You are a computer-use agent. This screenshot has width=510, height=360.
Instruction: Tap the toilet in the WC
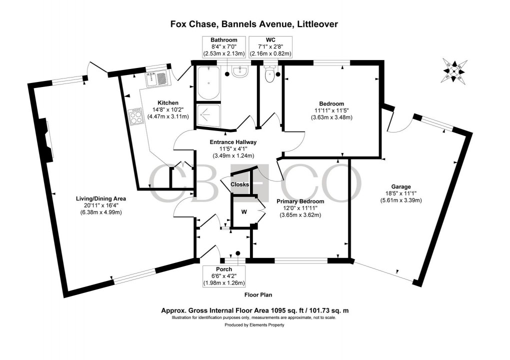coord(270,76)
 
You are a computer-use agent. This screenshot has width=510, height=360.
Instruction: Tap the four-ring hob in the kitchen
coord(136,117)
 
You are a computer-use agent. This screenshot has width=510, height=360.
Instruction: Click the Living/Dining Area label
coord(100,198)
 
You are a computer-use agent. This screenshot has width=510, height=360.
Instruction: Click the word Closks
coord(240,184)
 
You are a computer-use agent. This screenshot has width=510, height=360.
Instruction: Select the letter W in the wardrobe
coord(244,211)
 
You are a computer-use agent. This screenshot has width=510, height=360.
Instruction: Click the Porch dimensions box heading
coord(223,269)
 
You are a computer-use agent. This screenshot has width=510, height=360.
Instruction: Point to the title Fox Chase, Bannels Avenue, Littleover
coord(254,23)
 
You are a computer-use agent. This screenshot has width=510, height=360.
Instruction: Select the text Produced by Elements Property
coord(254,325)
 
